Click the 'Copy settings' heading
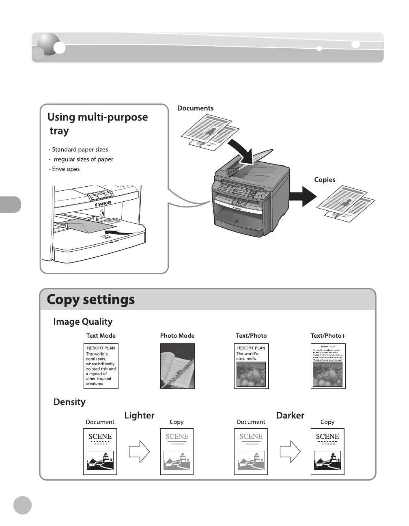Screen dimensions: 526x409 90,300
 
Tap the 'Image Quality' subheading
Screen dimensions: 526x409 83,322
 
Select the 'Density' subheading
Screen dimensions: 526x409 69,402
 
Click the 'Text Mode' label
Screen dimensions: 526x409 101,336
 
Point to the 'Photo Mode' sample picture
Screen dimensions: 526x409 177,366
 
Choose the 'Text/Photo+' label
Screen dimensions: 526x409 328,336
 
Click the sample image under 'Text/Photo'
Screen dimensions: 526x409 252,366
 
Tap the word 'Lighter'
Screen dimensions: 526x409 139,415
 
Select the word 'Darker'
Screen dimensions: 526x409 290,415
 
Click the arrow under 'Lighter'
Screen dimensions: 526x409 139,451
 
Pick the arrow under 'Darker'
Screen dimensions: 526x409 290,451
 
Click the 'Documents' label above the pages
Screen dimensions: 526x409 195,108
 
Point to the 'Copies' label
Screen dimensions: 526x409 325,180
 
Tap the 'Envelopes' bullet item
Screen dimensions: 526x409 66,169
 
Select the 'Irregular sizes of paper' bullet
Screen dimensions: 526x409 82,160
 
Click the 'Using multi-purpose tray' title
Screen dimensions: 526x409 97,124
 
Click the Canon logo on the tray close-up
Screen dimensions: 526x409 103,204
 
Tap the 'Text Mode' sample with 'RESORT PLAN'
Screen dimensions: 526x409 101,366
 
